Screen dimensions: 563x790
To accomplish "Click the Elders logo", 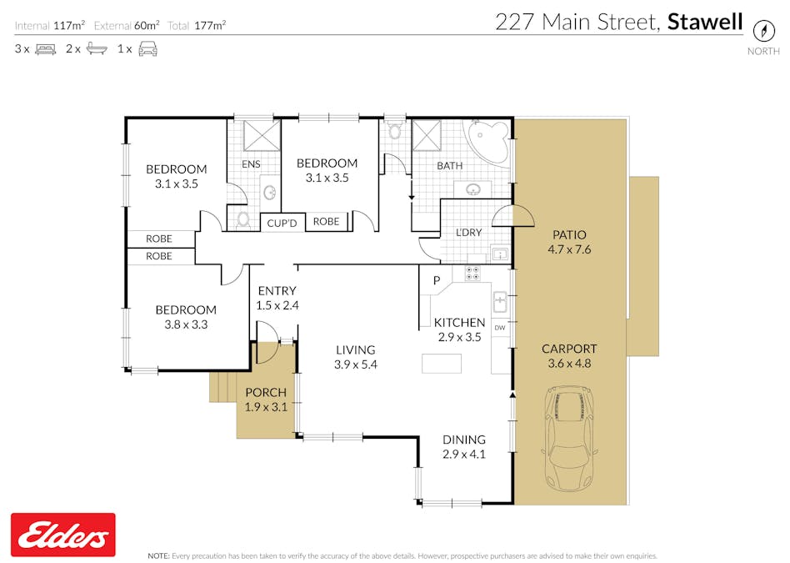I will pos(62,535).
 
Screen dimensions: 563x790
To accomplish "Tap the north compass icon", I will pos(763,30).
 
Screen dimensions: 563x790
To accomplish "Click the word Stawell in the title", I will pos(704,22).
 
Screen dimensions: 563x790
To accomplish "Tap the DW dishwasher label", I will pos(500,328).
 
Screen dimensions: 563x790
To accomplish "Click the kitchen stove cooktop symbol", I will pos(472,273).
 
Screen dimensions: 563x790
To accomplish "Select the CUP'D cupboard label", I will pos(282,223).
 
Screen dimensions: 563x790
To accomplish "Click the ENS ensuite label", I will pos(251,164).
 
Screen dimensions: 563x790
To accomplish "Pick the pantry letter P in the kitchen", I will pos(435,281).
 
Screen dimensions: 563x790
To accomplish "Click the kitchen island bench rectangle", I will pos(442,364).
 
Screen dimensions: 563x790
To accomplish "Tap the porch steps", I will pos(222,386).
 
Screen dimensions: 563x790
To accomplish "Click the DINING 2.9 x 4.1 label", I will pos(463,447).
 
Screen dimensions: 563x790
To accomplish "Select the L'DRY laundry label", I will pos(468,233).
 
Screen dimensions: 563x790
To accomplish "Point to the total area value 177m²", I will pos(210,25).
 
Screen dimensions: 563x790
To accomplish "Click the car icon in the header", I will pos(147,48).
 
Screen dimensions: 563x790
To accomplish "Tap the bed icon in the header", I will pos(45,48).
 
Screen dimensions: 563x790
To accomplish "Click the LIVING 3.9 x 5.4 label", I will pos(355,357).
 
